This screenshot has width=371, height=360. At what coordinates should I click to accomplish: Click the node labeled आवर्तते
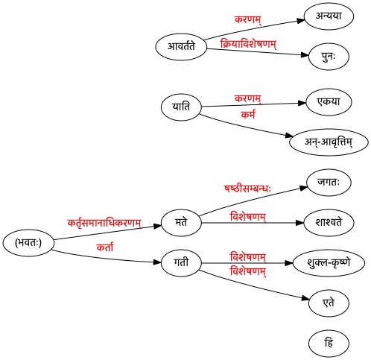point(181,47)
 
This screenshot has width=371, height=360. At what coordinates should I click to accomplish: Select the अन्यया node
point(329,16)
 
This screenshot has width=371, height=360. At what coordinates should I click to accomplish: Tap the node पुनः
point(329,57)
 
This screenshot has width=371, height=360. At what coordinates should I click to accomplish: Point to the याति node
point(181,107)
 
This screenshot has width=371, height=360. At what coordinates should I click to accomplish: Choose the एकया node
point(329,102)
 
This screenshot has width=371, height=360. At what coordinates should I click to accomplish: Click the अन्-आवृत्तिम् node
point(329,142)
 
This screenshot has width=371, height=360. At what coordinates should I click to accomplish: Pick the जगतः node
point(329,183)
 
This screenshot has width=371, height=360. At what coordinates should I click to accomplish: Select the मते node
point(181,223)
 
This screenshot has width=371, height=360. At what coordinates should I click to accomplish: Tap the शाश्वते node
point(329,223)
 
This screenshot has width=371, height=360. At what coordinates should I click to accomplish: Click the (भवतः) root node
point(28,243)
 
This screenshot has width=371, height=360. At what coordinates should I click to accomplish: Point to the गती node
point(181,263)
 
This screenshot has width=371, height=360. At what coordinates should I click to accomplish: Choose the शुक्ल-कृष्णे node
point(329,263)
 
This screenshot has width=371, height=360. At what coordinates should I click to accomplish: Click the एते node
point(329,303)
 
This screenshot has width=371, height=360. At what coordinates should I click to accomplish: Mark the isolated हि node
point(329,344)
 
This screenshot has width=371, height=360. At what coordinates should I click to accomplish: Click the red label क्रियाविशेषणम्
point(248,44)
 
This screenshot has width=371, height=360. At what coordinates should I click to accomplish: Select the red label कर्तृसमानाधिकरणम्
point(104,223)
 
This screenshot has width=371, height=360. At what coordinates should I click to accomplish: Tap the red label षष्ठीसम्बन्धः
point(247,189)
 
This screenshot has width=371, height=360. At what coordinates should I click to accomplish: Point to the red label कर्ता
point(105,247)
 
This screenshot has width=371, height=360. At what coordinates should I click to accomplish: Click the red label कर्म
point(248,115)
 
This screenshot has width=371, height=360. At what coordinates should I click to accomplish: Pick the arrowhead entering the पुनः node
point(305,55)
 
